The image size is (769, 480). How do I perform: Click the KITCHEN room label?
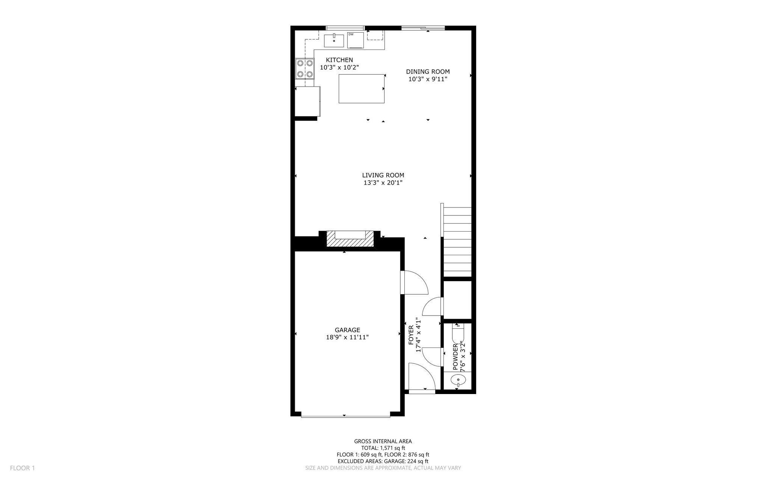tap(339, 60)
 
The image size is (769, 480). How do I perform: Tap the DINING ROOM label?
tap(428, 72)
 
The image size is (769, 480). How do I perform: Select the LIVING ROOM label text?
tap(383, 175)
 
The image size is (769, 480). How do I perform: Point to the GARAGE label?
tap(347, 330)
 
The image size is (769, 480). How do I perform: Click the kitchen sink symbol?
tap(334, 40)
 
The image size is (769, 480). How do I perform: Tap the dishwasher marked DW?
tap(355, 40)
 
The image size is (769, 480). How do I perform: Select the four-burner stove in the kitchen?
tap(305, 69)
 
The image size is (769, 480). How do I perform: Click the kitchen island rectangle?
tap(362, 89)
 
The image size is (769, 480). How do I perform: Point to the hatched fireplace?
tap(350, 239)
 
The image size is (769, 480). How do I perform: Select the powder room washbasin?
tap(458, 381)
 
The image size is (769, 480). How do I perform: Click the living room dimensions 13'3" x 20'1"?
tap(383, 183)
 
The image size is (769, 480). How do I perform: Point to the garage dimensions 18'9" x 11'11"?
tap(347, 337)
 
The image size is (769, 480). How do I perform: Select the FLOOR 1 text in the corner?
tap(22, 468)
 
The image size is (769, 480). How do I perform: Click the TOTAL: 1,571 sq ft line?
tap(383, 448)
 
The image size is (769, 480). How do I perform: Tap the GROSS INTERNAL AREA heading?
tap(383, 441)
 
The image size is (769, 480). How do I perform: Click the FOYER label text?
tap(411, 335)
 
